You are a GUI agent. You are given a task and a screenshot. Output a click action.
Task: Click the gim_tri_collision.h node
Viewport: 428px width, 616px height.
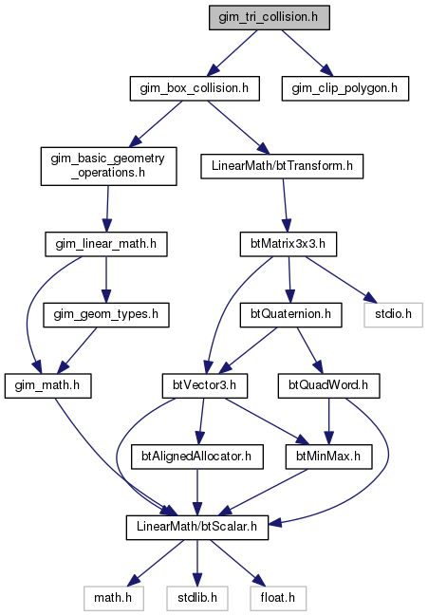[x=270, y=18]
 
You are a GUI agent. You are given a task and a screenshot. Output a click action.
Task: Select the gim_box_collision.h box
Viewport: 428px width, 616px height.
[x=195, y=88]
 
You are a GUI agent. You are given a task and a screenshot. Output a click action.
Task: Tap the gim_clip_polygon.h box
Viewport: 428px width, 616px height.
[x=345, y=88]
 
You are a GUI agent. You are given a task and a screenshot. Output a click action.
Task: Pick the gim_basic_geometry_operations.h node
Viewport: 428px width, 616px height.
[x=109, y=166]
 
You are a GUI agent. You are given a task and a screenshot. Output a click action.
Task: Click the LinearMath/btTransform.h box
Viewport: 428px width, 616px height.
[x=282, y=166]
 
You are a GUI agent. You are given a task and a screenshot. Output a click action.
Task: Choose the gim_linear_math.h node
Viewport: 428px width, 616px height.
[x=106, y=244]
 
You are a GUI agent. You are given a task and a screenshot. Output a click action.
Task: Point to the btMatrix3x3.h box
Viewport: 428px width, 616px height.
[x=288, y=244]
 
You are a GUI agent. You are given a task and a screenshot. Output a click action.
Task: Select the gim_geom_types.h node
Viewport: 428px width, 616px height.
[x=106, y=315]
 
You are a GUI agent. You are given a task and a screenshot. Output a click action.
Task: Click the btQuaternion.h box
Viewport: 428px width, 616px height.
[x=291, y=315]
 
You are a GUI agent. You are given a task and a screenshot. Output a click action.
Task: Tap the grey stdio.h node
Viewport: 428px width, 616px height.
[x=394, y=315]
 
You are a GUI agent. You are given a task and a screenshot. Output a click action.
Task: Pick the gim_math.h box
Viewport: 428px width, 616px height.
[x=47, y=385]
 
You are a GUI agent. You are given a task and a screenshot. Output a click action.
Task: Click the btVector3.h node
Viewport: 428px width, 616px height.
[x=205, y=385]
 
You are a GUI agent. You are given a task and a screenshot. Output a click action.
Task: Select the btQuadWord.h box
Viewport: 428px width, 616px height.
[x=328, y=385]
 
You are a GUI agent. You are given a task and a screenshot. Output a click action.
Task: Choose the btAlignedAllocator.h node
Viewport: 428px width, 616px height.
[x=197, y=457]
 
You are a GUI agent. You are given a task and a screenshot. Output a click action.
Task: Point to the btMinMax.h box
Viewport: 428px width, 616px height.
[x=328, y=457]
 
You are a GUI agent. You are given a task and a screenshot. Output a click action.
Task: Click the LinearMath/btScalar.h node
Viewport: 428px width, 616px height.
[x=197, y=527]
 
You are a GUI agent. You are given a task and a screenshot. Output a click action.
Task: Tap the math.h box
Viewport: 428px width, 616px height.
[x=113, y=598]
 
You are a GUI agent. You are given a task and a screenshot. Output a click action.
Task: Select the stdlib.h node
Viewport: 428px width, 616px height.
[x=197, y=598]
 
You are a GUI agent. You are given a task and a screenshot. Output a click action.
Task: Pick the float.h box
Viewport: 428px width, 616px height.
[x=278, y=598]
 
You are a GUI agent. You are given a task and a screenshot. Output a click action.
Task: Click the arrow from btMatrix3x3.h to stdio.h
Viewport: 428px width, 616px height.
[x=339, y=280]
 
